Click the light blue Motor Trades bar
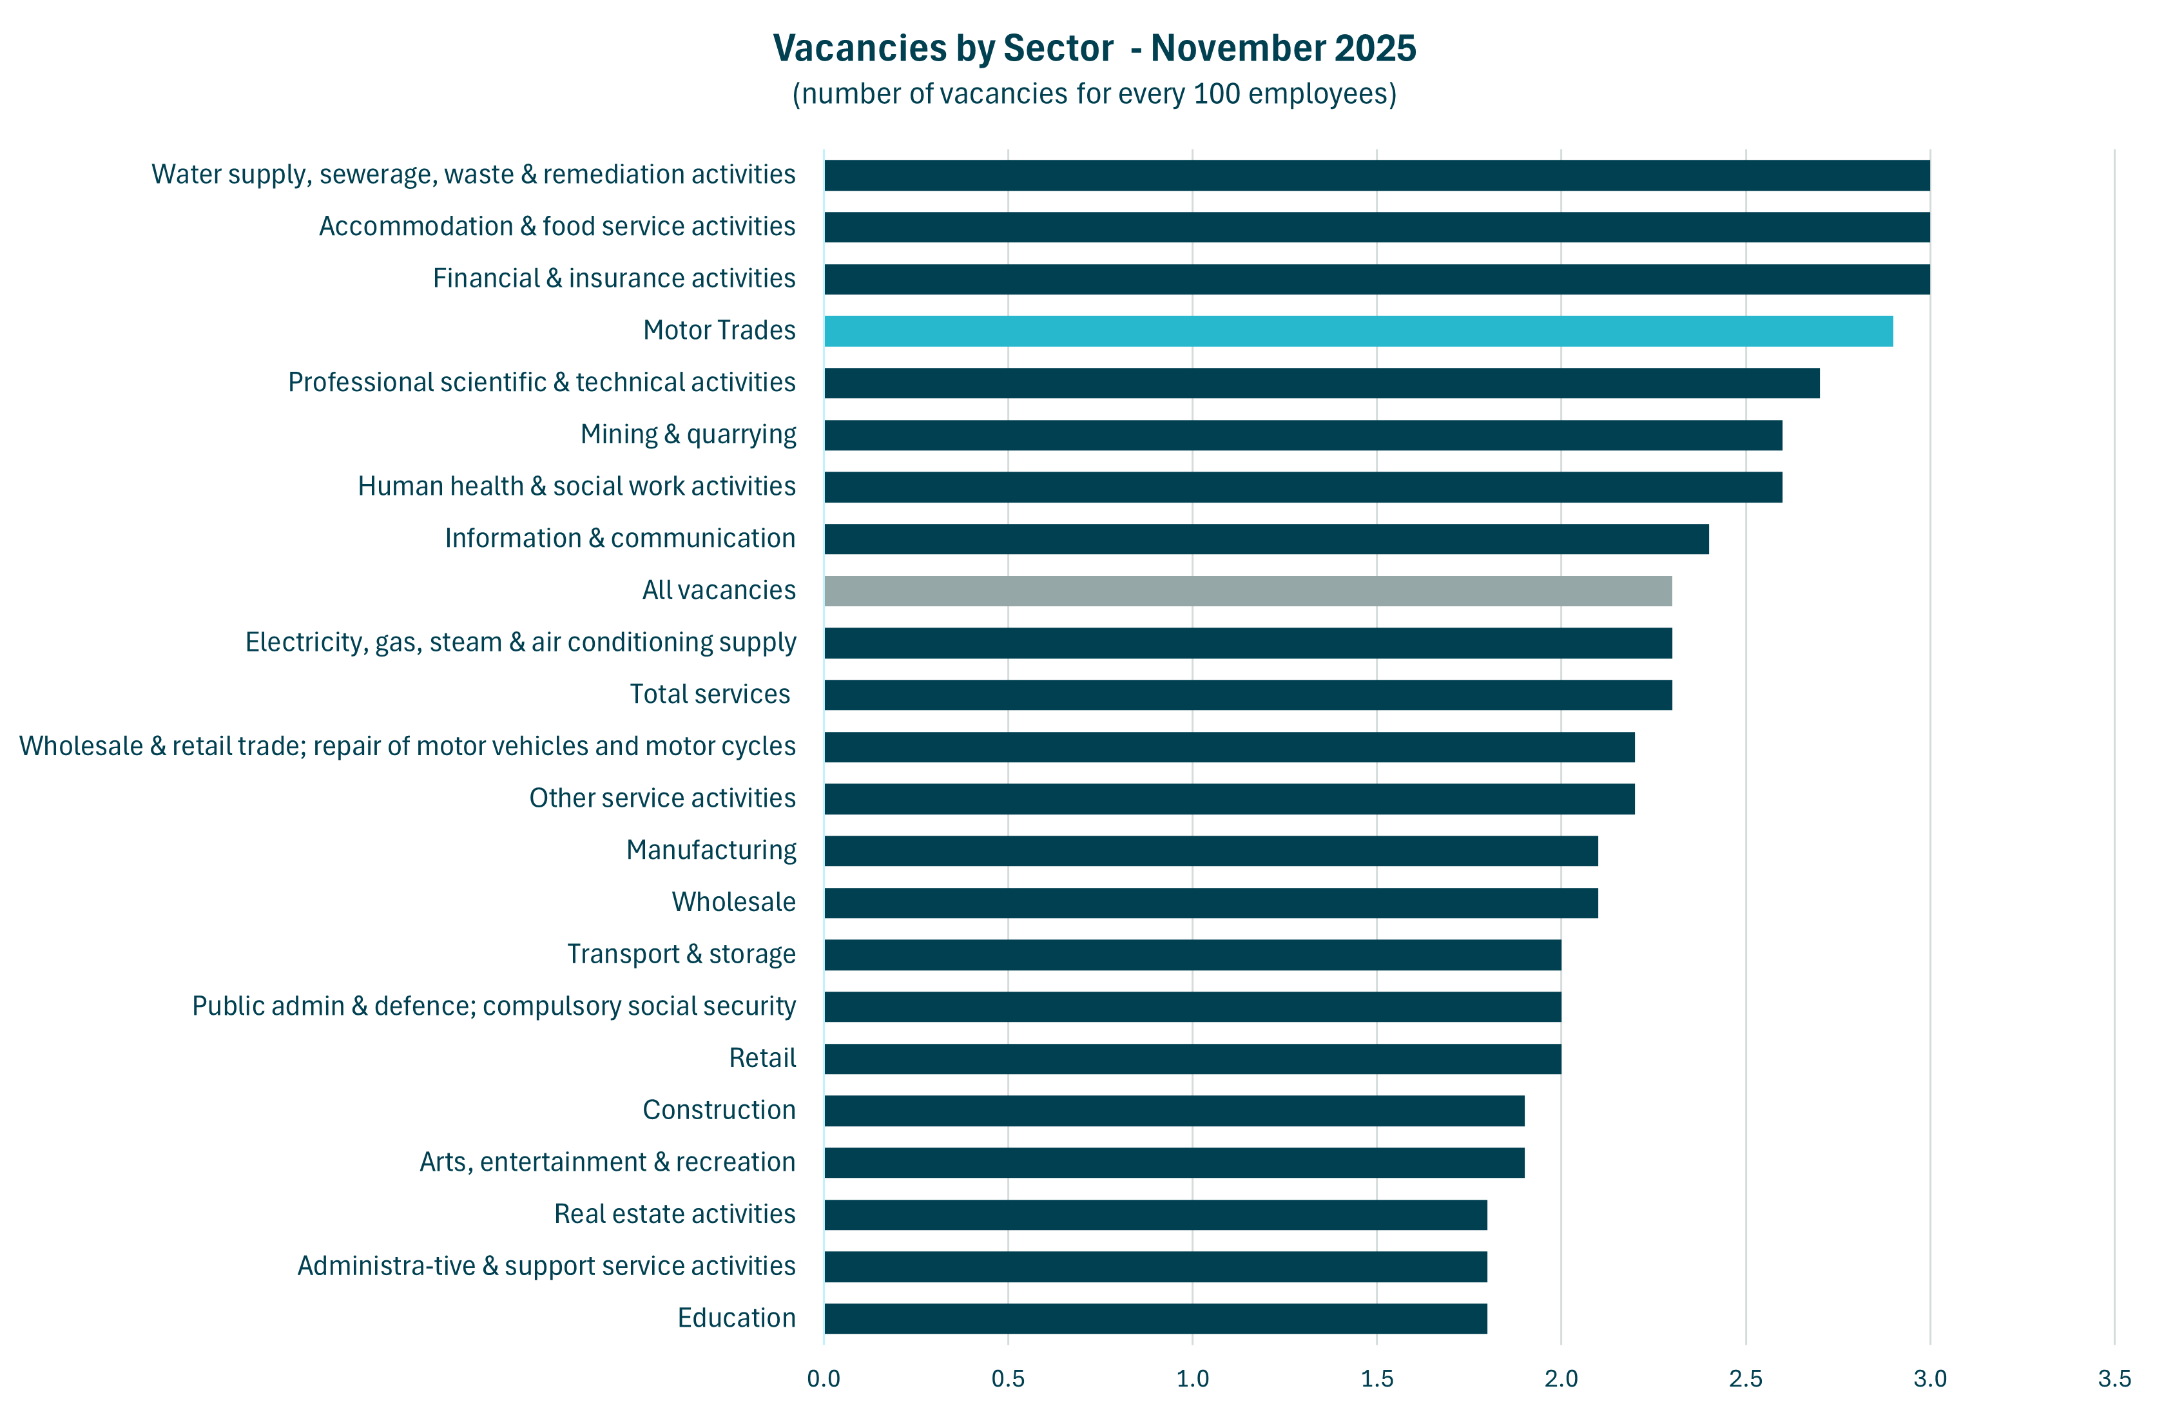[1358, 331]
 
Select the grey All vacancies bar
[1248, 591]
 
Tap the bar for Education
[1155, 1318]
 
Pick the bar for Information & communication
[1266, 539]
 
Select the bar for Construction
[1174, 1111]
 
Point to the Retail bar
[1192, 1059]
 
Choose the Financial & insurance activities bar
[1377, 279]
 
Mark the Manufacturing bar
[1210, 851]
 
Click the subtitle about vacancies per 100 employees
[1094, 93]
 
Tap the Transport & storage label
[681, 954]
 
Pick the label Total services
[710, 695]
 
